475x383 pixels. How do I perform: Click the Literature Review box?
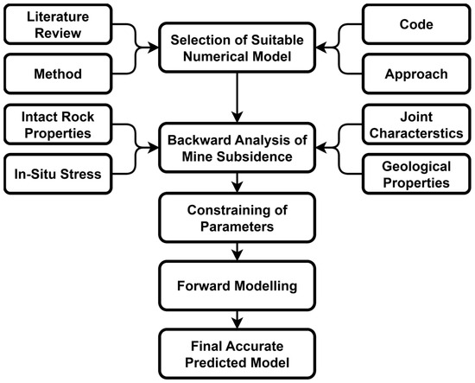pos(58,24)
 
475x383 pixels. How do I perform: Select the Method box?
pos(58,73)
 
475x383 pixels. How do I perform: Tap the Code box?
pos(416,24)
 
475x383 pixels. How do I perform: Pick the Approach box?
pos(416,73)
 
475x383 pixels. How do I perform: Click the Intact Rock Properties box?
pos(58,124)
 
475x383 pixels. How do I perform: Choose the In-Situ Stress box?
pos(58,174)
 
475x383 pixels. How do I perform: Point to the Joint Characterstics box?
pos(416,124)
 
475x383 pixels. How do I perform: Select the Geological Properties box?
pos(416,174)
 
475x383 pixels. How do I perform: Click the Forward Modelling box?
pos(237,285)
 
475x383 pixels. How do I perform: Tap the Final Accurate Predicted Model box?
pos(237,354)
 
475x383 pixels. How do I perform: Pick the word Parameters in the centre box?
pos(237,227)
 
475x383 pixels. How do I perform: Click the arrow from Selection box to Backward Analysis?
pos(237,98)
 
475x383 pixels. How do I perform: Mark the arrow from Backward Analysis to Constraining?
pos(237,182)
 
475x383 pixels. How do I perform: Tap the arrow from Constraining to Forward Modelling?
pos(237,252)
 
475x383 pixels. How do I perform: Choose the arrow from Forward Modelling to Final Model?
pos(237,320)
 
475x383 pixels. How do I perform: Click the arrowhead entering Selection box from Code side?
pos(321,48)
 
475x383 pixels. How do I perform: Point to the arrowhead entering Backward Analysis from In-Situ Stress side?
pos(153,148)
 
